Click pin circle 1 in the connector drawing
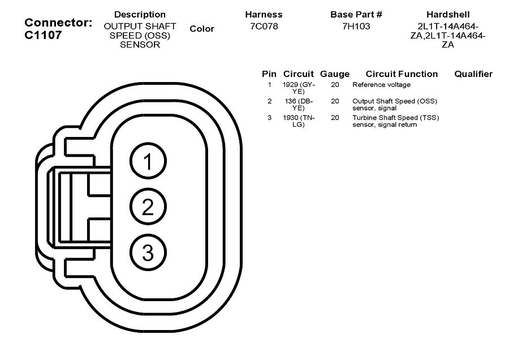[x=148, y=162]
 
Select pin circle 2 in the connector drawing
[x=148, y=207]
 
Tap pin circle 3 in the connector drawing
[x=148, y=252]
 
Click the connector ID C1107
[x=43, y=35]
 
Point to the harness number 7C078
[x=264, y=27]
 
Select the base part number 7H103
[x=356, y=27]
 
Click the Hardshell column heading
[x=447, y=14]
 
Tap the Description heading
[x=140, y=14]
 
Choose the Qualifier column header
[x=473, y=74]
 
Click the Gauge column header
[x=335, y=74]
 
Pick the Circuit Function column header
[x=402, y=74]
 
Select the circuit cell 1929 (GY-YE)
[x=299, y=88]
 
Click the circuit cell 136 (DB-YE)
[x=299, y=104]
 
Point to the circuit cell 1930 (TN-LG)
[x=299, y=121]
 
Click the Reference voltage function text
[x=381, y=85]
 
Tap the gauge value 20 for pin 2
[x=335, y=101]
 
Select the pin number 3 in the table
[x=270, y=118]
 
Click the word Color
[x=202, y=29]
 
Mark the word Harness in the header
[x=264, y=14]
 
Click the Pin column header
[x=269, y=74]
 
